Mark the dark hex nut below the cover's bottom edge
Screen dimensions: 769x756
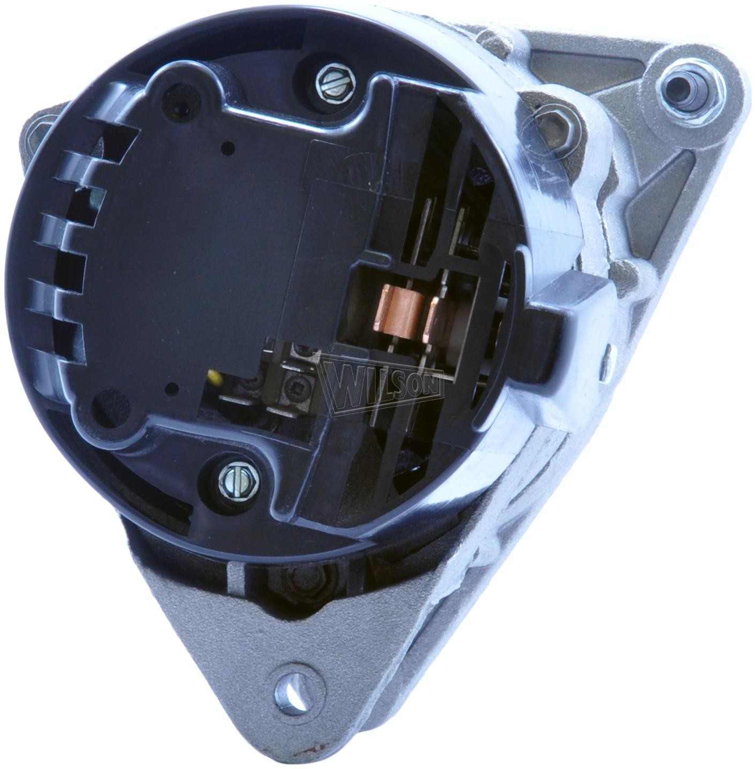[298, 578]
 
